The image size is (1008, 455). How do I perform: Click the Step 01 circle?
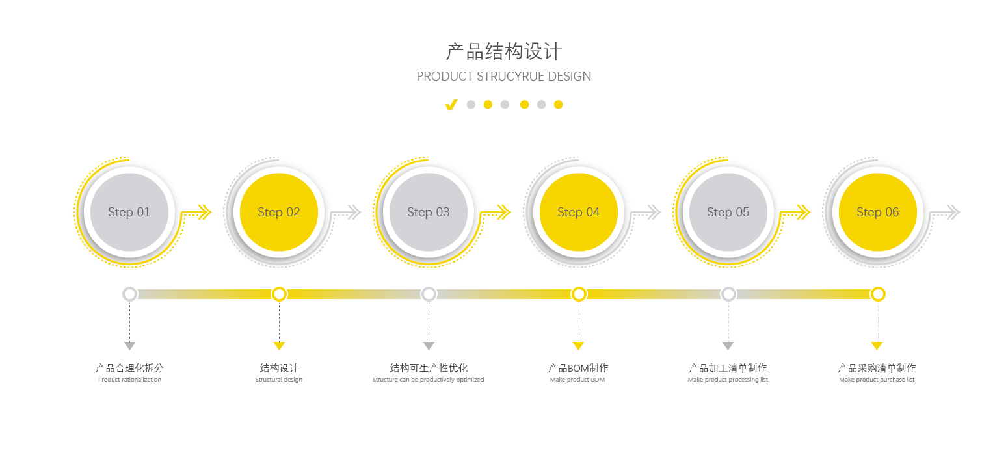[x=129, y=213]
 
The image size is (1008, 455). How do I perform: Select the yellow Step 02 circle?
[x=279, y=213]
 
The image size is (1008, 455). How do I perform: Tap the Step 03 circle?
[x=429, y=213]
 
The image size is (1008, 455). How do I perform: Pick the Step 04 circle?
[x=579, y=213]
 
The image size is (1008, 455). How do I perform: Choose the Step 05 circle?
[x=728, y=213]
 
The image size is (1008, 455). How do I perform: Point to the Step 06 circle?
[x=878, y=213]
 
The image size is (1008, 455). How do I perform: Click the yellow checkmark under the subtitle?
[x=451, y=105]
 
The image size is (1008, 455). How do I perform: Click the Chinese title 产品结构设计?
[x=504, y=51]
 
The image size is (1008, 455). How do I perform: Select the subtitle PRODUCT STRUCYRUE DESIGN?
[x=504, y=76]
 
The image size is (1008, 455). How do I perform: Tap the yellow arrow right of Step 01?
[x=198, y=213]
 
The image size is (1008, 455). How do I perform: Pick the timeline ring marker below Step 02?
[x=279, y=294]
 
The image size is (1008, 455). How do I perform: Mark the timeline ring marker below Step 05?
[x=728, y=294]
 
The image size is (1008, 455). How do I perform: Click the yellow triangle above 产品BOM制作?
[x=578, y=346]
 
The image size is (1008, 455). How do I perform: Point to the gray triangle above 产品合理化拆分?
[x=129, y=346]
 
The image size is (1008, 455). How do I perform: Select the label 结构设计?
[x=279, y=369]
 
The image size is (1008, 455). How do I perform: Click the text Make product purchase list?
[x=877, y=380]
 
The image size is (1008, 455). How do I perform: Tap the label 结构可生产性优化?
[x=429, y=369]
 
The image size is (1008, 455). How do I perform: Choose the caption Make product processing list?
[x=728, y=380]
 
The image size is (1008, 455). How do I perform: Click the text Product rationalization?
[x=129, y=380]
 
